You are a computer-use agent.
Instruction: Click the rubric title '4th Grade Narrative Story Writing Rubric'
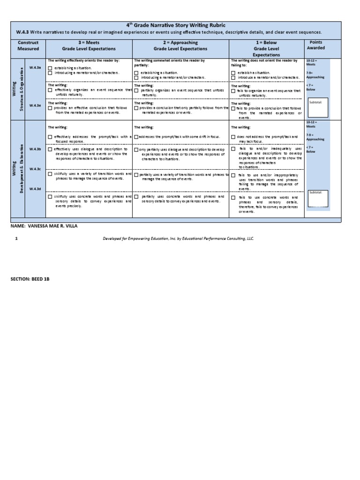[x=175, y=25]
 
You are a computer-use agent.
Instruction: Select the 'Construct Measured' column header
[x=28, y=45]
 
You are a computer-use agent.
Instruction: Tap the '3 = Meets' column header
[x=89, y=45]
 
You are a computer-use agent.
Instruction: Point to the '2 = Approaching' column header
[x=180, y=45]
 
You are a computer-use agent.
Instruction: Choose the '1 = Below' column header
[x=266, y=48]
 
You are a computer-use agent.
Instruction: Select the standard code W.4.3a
[x=35, y=67]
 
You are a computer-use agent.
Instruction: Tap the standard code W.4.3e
[x=35, y=105]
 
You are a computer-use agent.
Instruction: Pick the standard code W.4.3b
[x=35, y=149]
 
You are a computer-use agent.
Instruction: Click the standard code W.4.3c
[x=35, y=169]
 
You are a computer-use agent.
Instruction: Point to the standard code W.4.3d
[x=35, y=188]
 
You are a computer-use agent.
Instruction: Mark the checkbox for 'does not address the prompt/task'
[x=233, y=137]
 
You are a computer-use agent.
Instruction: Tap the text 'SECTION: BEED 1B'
[x=30, y=279]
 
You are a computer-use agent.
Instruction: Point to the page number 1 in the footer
[x=16, y=239]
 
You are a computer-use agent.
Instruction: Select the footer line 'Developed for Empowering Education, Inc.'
[x=178, y=239]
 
